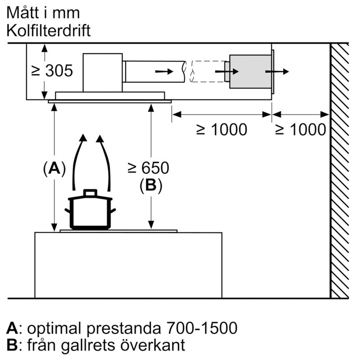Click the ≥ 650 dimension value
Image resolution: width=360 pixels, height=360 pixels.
(148, 168)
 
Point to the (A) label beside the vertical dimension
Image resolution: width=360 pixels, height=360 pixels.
(54, 169)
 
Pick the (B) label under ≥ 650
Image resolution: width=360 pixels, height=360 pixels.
(150, 185)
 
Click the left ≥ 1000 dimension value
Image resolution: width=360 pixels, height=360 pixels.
(221, 130)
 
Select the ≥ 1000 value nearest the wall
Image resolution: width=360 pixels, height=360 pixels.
(300, 130)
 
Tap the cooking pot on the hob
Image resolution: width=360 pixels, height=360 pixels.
(90, 212)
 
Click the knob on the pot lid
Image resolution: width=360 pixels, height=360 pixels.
(90, 193)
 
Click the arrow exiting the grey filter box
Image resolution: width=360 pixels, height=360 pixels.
(277, 72)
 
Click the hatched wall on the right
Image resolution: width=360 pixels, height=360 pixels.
(340, 171)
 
